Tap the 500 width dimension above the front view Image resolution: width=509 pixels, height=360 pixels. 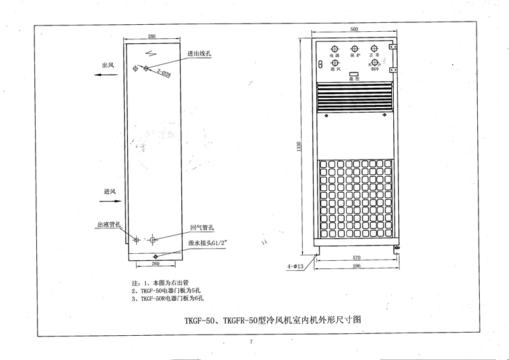[354, 29]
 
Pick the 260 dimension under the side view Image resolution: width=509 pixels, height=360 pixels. [155, 262]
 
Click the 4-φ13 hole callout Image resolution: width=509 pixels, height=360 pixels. [298, 267]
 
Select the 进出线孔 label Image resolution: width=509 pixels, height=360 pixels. [199, 54]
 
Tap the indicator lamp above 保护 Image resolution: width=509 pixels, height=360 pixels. [354, 48]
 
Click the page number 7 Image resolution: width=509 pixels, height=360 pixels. [252, 342]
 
